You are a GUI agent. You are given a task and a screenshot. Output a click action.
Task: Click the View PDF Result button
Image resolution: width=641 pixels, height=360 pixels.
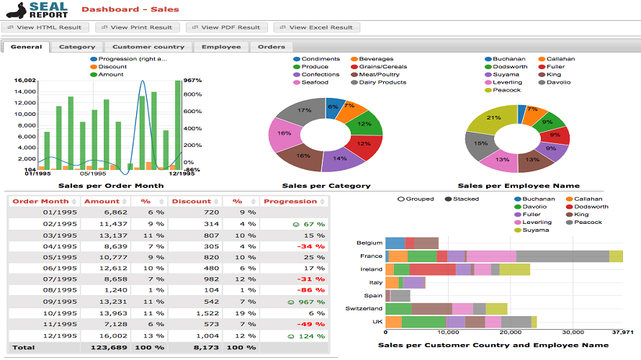[226, 27]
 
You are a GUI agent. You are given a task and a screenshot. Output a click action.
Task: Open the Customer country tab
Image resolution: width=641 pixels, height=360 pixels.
[148, 47]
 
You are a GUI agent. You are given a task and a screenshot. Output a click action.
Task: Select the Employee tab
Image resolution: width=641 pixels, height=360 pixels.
[221, 47]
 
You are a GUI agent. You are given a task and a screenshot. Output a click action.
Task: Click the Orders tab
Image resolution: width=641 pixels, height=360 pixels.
[271, 47]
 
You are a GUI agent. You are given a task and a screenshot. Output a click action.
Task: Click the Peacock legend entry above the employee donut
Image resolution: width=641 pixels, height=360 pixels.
[506, 90]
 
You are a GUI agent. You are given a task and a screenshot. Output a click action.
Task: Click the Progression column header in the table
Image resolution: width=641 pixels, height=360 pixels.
[290, 202]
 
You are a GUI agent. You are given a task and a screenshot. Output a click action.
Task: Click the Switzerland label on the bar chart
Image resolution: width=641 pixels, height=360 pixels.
[364, 308]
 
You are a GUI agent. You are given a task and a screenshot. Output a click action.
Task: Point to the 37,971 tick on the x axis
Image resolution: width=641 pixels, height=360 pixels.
[622, 333]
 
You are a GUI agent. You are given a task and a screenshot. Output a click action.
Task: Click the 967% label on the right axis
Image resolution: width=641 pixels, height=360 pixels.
[192, 81]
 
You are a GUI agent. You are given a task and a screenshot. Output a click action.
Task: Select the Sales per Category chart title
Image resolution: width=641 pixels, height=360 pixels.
[326, 186]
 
